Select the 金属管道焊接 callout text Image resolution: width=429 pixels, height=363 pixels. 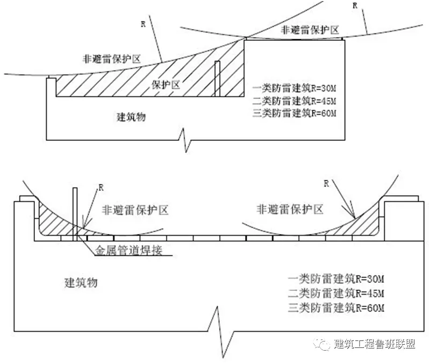[128, 251]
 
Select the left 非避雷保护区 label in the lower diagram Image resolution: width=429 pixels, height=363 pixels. [135, 210]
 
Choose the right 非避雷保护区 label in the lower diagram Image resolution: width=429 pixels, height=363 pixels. [290, 210]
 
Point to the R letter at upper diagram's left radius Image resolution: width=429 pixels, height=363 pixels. [142, 24]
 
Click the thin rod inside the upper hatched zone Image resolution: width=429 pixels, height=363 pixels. [217, 79]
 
